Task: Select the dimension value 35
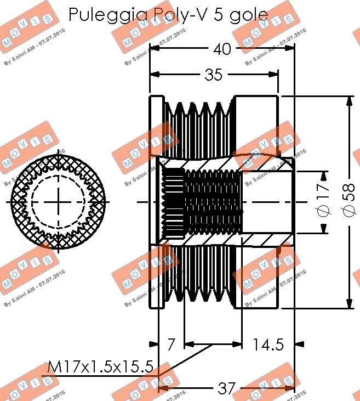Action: (x=214, y=75)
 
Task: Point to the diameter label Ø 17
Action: (x=323, y=201)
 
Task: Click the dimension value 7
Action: (x=171, y=344)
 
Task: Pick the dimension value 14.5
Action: (x=268, y=344)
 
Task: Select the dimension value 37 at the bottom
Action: (x=226, y=389)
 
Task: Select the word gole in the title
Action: (x=249, y=16)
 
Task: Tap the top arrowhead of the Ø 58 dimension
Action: (x=348, y=101)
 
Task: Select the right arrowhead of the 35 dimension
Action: (x=275, y=75)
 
